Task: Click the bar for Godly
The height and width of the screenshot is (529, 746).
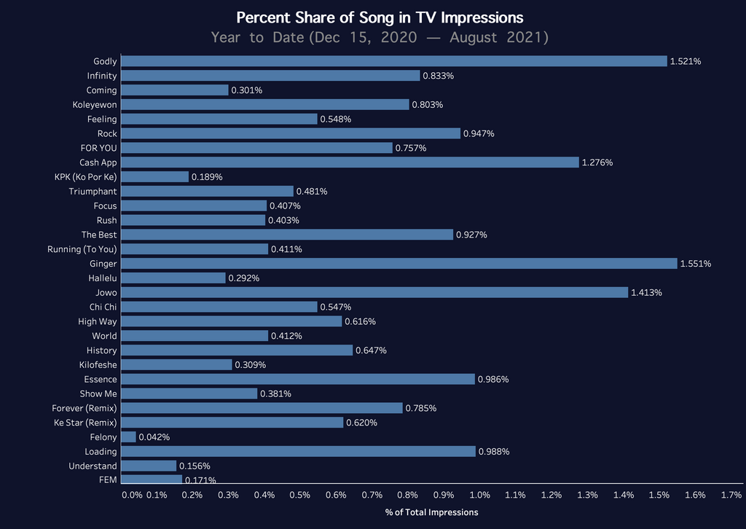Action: pyautogui.click(x=393, y=61)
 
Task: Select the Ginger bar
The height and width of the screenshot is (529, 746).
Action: pyautogui.click(x=398, y=264)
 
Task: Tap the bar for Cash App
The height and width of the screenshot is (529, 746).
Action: pyautogui.click(x=350, y=162)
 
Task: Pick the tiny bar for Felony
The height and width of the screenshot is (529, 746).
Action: pyautogui.click(x=128, y=437)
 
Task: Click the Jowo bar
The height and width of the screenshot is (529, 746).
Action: pyautogui.click(x=374, y=292)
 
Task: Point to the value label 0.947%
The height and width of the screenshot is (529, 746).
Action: pyautogui.click(x=479, y=134)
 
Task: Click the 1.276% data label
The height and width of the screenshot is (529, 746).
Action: pyautogui.click(x=597, y=162)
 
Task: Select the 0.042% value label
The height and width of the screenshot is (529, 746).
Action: pyautogui.click(x=154, y=437)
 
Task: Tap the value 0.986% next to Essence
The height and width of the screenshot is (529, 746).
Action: pyautogui.click(x=493, y=380)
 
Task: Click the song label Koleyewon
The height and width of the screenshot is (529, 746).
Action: pyautogui.click(x=95, y=105)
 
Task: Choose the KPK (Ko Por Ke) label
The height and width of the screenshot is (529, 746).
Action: pyautogui.click(x=85, y=177)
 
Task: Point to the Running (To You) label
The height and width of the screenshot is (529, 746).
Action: pyautogui.click(x=82, y=249)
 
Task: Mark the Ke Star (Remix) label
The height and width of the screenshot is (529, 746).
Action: pyautogui.click(x=85, y=423)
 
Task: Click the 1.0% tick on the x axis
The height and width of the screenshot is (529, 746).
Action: pyautogui.click(x=479, y=495)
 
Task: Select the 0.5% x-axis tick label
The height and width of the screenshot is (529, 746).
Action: pyautogui.click(x=300, y=495)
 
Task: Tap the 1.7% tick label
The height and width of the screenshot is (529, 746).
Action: pyautogui.click(x=731, y=495)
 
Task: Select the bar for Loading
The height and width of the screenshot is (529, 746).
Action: pyautogui.click(x=298, y=452)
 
